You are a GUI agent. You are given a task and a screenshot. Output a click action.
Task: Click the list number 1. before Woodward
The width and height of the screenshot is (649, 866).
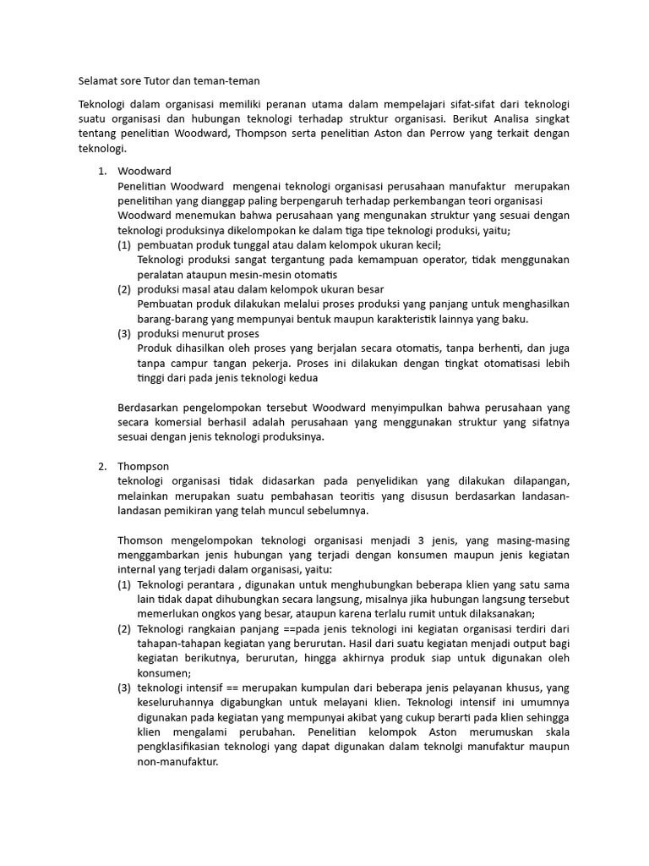(x=102, y=172)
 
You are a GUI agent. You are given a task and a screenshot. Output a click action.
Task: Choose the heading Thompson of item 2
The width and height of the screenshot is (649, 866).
(x=144, y=466)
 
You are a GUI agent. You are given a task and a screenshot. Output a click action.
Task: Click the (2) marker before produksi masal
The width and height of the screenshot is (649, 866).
(x=124, y=289)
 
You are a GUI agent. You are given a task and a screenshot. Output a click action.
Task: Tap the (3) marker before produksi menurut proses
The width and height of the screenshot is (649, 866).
(x=124, y=333)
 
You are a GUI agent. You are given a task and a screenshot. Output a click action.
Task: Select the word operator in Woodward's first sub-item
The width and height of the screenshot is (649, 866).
(x=442, y=260)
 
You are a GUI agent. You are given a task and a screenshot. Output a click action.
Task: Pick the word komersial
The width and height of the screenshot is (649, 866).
(x=188, y=422)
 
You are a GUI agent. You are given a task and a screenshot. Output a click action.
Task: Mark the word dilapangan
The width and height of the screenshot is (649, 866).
(x=533, y=480)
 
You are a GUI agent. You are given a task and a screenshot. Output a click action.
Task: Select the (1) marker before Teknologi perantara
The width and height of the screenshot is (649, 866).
(x=124, y=584)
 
